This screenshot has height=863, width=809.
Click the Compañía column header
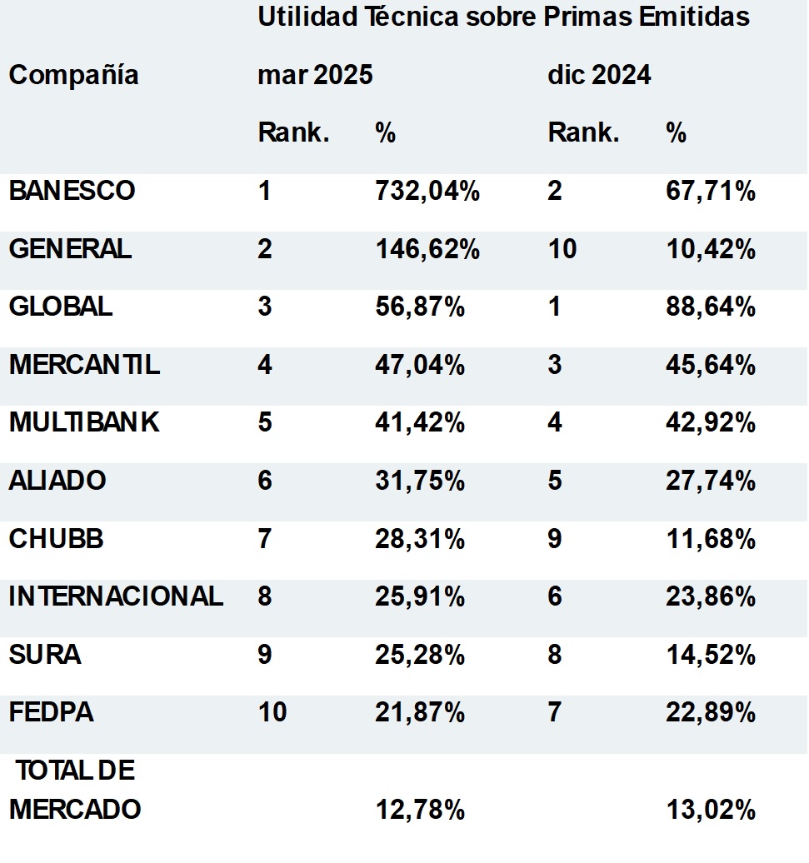click(x=73, y=76)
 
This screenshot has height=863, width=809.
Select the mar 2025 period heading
click(x=315, y=76)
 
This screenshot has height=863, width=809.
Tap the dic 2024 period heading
click(x=599, y=76)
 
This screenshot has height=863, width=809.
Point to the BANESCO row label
click(x=72, y=191)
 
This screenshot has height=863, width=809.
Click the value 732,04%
click(x=427, y=191)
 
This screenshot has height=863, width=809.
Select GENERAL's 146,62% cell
click(x=427, y=249)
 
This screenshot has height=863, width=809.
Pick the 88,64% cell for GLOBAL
click(x=711, y=307)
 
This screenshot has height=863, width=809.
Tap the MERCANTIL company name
click(x=84, y=365)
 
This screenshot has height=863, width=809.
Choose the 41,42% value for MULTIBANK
click(x=420, y=423)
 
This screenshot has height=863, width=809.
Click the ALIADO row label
click(x=57, y=481)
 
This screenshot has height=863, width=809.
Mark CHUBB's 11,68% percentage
click(x=711, y=539)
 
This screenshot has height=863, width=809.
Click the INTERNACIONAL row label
click(x=116, y=596)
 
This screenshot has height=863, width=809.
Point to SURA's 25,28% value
click(x=420, y=655)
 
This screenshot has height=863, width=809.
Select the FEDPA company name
click(x=51, y=713)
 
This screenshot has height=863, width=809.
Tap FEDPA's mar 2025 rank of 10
click(x=272, y=713)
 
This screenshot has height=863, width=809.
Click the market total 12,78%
click(x=420, y=809)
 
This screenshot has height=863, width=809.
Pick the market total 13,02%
click(x=711, y=809)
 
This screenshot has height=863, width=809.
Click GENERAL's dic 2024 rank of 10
click(x=562, y=249)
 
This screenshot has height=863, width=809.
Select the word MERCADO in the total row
click(x=75, y=809)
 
